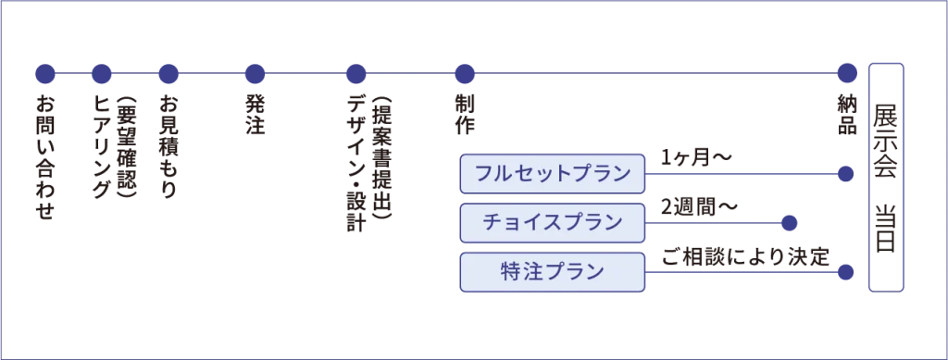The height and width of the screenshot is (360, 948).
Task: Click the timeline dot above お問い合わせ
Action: point(45,74)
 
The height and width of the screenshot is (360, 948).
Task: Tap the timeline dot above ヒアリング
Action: point(102,74)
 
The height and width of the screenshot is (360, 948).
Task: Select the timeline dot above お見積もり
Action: point(168,74)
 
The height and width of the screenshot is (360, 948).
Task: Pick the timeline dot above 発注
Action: point(256,74)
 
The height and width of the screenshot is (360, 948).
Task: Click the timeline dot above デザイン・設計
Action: point(356,74)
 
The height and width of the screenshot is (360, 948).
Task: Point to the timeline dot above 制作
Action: point(465,74)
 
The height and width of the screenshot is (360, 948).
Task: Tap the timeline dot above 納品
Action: point(848,74)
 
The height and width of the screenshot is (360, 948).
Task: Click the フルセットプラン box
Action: point(553,174)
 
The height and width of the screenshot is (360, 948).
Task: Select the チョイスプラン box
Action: point(553,223)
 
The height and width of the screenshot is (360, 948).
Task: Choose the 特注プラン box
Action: point(553,272)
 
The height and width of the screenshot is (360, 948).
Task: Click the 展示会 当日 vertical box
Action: point(886,178)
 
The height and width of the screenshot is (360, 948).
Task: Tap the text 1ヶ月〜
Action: point(697,159)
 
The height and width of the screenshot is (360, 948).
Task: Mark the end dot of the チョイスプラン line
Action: point(789,223)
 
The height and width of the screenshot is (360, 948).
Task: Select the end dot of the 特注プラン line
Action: point(846,272)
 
